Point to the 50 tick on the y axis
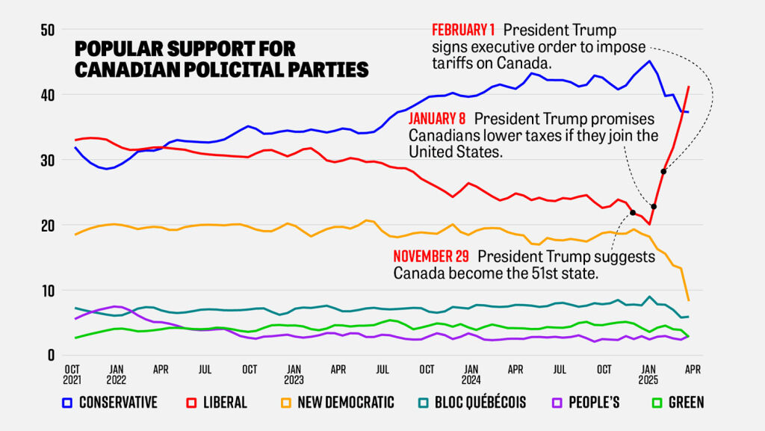click(x=47, y=30)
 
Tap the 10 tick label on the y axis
click(x=47, y=290)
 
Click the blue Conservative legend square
click(x=66, y=403)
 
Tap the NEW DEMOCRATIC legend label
click(x=345, y=403)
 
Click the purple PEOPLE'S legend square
click(x=554, y=403)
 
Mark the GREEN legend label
click(x=687, y=403)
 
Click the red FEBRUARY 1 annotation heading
click(x=464, y=31)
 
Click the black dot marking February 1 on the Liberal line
click(x=663, y=172)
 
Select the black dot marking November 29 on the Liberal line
click(x=633, y=213)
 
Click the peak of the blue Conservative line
click(x=649, y=61)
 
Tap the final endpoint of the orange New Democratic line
click(x=688, y=300)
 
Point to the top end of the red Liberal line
click(x=688, y=87)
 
